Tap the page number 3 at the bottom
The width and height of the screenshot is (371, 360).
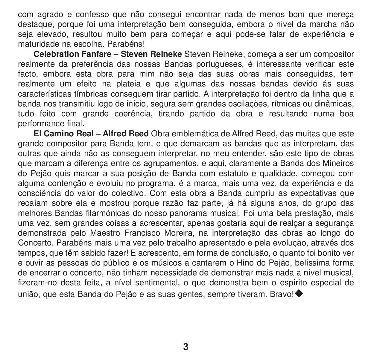coord(185,347)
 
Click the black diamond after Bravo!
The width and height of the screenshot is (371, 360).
coord(299,294)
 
